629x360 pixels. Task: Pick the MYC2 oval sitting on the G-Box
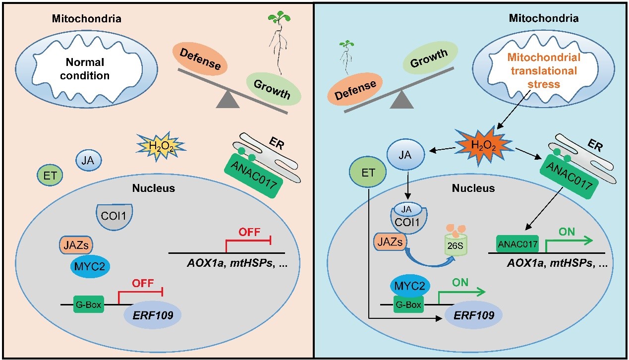pyautogui.click(x=409, y=287)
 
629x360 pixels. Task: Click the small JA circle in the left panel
pyautogui.click(x=88, y=160)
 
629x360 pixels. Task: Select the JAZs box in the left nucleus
pyautogui.click(x=77, y=244)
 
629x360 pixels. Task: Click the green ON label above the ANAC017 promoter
pyautogui.click(x=568, y=232)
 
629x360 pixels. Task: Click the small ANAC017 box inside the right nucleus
pyautogui.click(x=518, y=243)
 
